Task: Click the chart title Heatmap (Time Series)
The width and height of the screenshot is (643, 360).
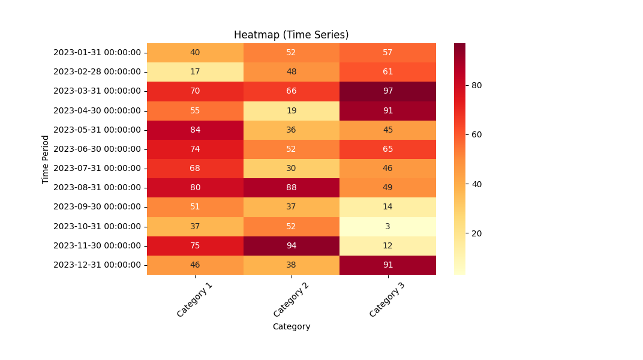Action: [x=291, y=35]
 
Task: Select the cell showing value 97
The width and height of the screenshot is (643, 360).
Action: [x=387, y=91]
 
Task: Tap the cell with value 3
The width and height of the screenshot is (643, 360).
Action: [x=387, y=226]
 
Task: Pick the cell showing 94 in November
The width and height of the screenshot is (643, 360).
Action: [x=292, y=245]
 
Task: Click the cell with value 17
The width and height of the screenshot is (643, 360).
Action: [x=195, y=71]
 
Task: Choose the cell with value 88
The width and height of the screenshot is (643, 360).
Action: [x=292, y=187]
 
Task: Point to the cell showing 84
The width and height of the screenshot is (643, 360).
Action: [x=195, y=130]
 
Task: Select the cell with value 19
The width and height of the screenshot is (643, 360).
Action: [x=292, y=110]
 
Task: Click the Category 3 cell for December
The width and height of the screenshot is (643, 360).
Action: [x=387, y=265]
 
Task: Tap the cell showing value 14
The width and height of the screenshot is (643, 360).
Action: [x=387, y=206]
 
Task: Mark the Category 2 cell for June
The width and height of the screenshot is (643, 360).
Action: [x=292, y=149]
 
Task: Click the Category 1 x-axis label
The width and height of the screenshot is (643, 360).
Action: [x=194, y=300]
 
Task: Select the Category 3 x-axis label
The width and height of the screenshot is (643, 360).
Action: [x=387, y=300]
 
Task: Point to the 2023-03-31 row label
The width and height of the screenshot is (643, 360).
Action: [x=97, y=91]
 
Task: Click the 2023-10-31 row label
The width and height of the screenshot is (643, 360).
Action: [x=97, y=226]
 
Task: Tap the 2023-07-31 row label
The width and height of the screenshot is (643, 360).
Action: [x=97, y=168]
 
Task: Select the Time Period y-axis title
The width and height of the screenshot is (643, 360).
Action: [x=46, y=159]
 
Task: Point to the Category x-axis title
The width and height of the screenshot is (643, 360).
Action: [x=292, y=326]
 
